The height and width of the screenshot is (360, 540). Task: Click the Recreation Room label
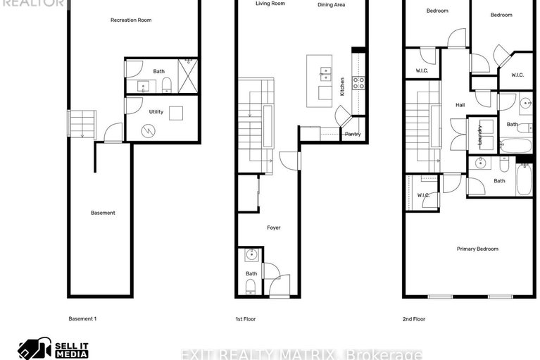tap(131, 20)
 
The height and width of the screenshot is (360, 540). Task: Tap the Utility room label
tap(156, 111)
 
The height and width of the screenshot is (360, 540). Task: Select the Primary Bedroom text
tap(477, 249)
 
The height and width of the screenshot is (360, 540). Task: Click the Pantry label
tap(352, 134)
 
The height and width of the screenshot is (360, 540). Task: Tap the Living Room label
tap(270, 4)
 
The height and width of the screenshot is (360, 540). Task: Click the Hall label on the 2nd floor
tap(460, 105)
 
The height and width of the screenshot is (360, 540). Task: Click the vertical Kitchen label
tap(343, 87)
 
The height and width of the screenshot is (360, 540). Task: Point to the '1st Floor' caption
tap(246, 319)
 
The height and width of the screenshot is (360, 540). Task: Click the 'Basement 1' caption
tap(82, 319)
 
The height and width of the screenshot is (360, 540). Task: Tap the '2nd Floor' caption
tap(413, 319)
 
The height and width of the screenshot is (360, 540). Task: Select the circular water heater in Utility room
tap(149, 130)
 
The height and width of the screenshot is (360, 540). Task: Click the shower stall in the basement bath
tap(187, 75)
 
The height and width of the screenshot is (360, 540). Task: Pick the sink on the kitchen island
tap(325, 71)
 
